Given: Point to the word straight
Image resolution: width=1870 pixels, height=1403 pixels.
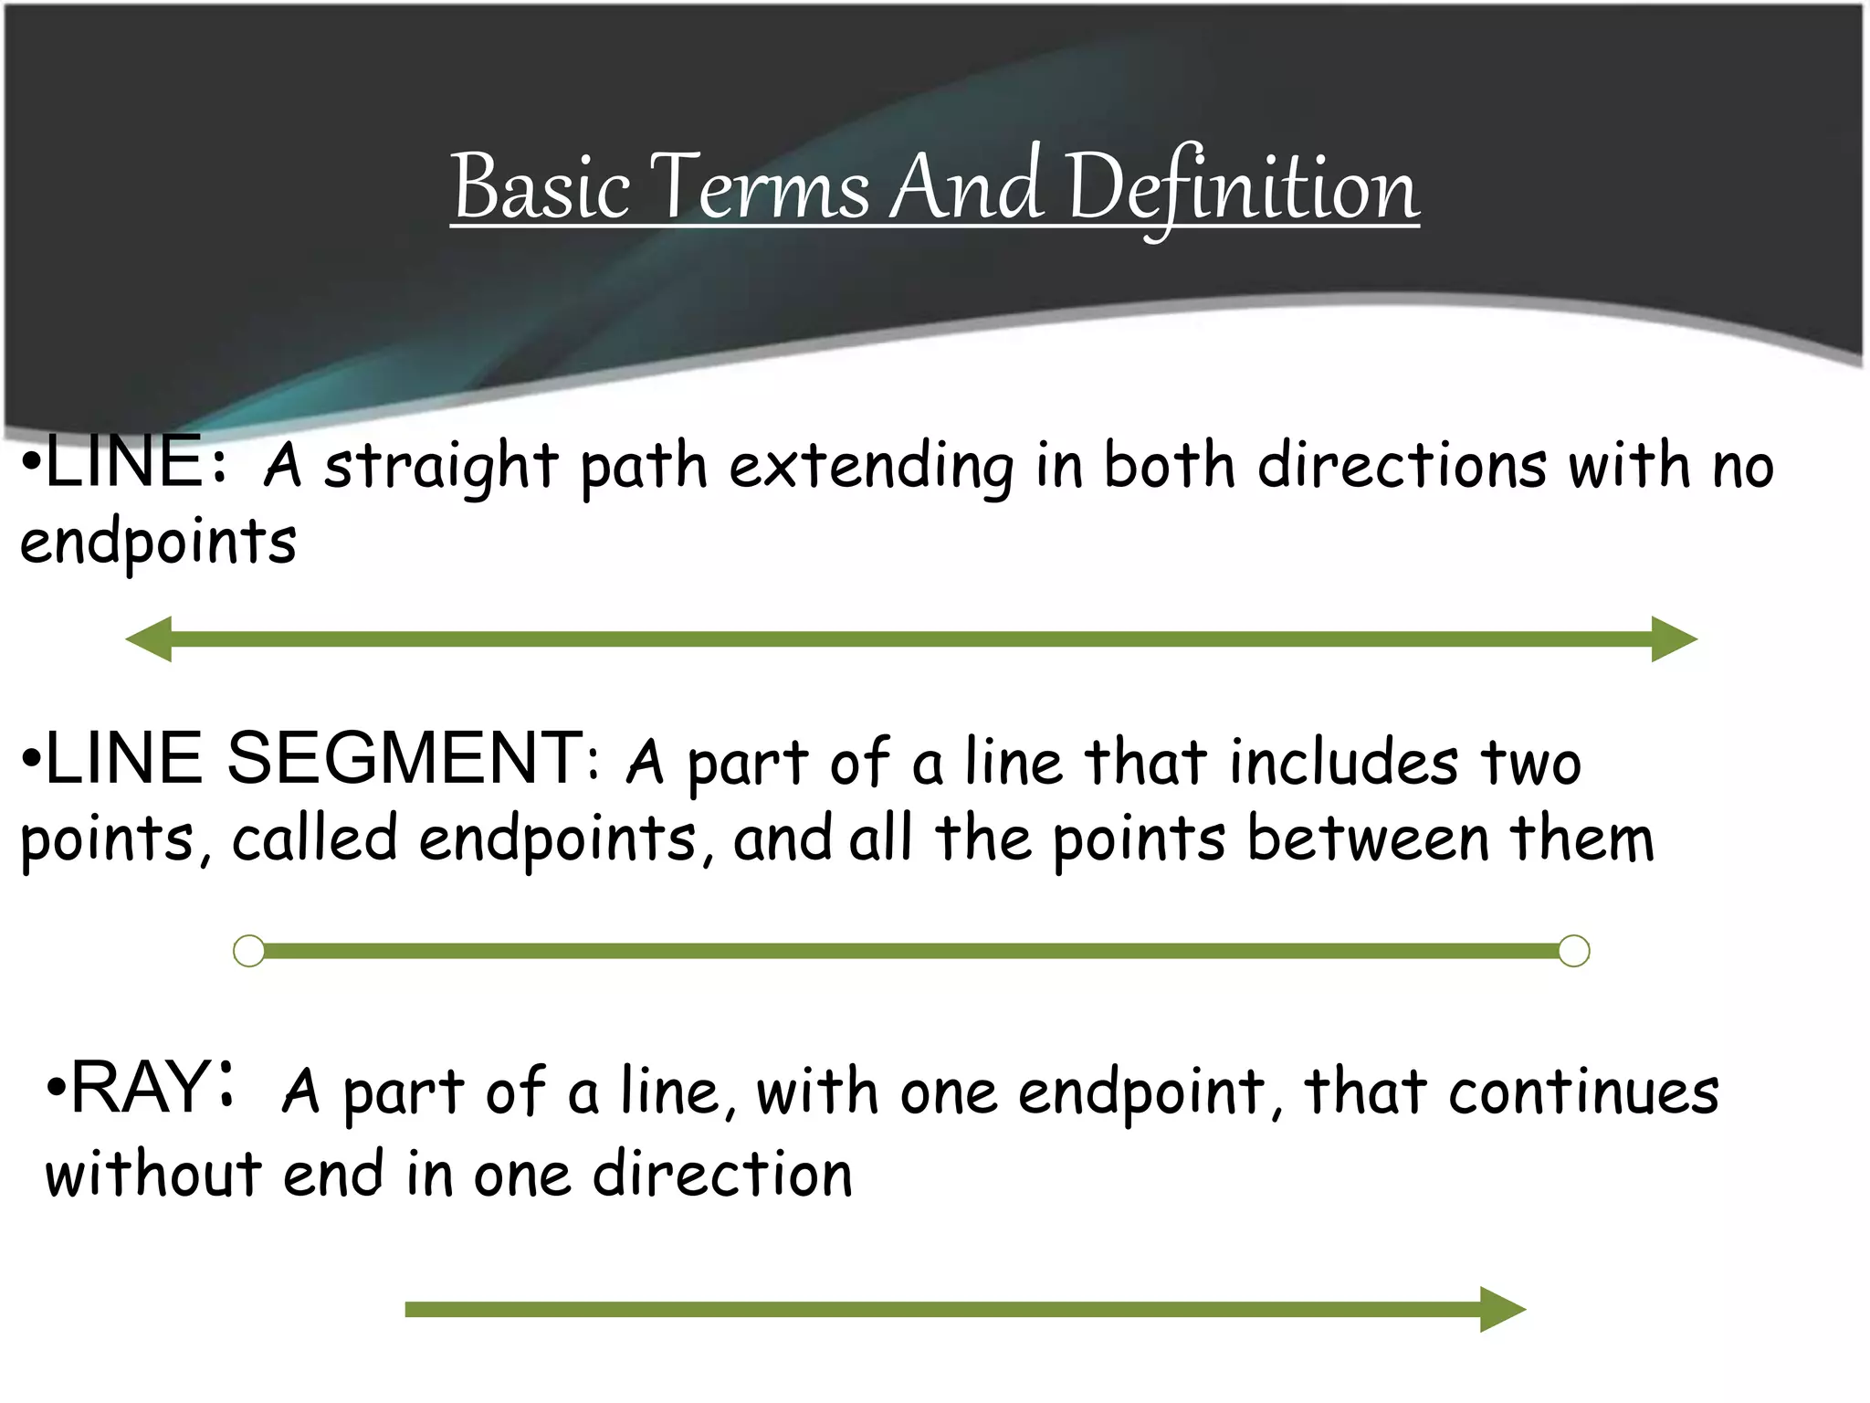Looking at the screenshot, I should click(x=441, y=467).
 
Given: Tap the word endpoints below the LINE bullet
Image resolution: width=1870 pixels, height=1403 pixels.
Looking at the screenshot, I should click(x=158, y=543).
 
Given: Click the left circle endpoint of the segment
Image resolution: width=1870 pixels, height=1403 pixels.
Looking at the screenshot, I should click(x=249, y=951).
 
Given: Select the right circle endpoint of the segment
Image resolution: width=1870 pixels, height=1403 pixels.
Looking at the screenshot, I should click(x=1573, y=951).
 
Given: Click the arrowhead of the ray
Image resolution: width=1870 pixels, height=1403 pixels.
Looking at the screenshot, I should click(x=1502, y=1310).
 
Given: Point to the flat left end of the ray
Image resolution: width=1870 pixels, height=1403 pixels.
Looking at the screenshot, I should click(x=408, y=1310).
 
